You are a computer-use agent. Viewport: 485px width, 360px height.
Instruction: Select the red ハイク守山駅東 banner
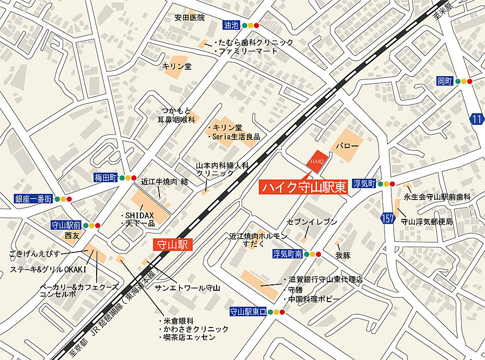(x=304, y=187)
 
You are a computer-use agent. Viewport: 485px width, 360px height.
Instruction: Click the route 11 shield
(x=476, y=119)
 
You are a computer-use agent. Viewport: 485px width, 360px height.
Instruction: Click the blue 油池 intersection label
(x=231, y=25)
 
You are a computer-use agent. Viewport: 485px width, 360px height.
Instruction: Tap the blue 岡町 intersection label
(x=444, y=81)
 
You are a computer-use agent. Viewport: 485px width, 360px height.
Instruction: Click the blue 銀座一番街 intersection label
(x=33, y=199)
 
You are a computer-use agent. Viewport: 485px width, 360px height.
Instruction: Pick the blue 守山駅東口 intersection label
(x=248, y=312)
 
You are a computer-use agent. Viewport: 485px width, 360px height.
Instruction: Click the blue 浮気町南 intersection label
(x=286, y=254)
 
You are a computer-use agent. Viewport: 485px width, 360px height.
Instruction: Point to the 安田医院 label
(x=190, y=17)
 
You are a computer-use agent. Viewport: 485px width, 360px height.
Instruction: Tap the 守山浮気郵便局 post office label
(x=427, y=222)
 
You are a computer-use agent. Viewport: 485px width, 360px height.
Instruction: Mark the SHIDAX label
(x=140, y=215)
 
